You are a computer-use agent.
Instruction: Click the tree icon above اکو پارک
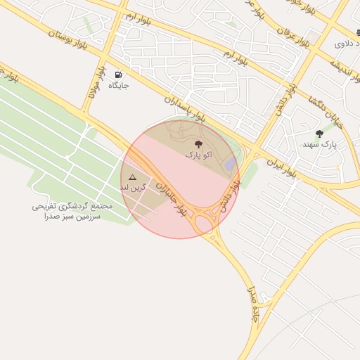(x=198, y=143)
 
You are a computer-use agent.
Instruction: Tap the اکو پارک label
(x=198, y=153)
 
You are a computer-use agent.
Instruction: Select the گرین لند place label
(x=134, y=188)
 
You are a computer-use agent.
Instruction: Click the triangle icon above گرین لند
(x=132, y=179)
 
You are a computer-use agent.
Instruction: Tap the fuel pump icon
(x=117, y=75)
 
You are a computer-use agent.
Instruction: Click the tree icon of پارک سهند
(x=320, y=134)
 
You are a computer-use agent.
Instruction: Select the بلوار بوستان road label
(x=68, y=39)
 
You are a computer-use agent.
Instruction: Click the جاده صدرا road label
(x=253, y=304)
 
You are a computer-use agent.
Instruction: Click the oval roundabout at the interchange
(x=205, y=224)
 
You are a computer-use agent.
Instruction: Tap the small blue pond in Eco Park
(x=230, y=163)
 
